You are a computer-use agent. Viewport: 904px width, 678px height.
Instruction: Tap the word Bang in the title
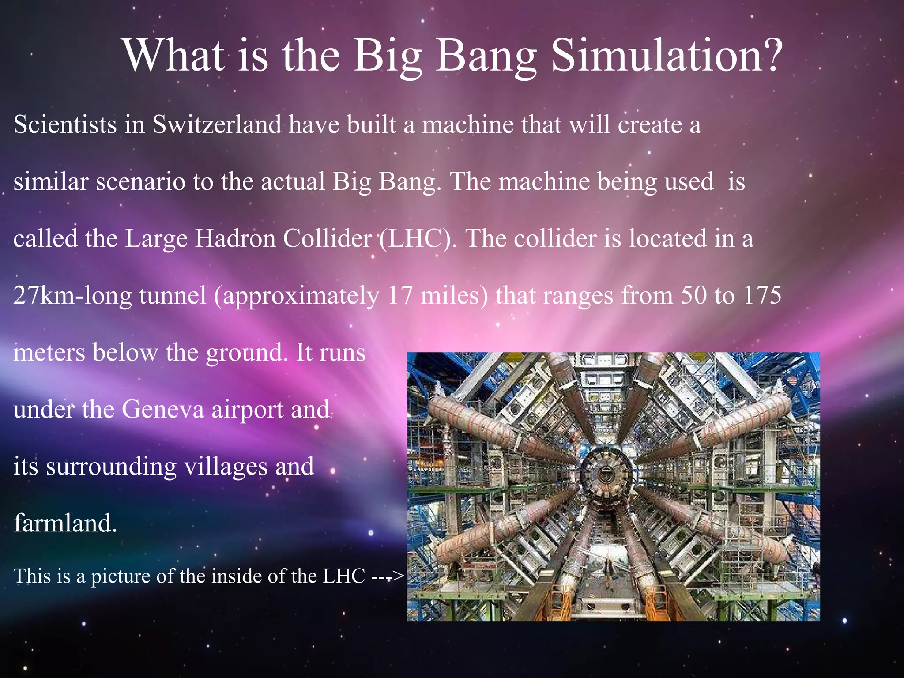pos(486,56)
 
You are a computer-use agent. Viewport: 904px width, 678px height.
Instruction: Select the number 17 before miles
pos(400,295)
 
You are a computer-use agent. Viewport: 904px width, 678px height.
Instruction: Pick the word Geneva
pos(162,409)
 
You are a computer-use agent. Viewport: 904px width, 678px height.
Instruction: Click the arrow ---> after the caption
pos(388,576)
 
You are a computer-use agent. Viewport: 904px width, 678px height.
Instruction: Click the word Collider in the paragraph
pos(327,238)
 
